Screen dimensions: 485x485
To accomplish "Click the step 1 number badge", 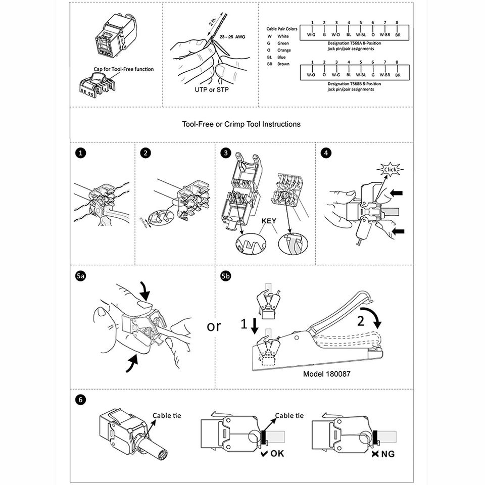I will tap(79, 152).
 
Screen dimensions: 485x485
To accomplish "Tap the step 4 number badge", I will tap(325, 152).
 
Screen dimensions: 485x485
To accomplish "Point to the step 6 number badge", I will tap(79, 399).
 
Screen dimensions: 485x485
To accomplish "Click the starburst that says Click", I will tap(389, 169).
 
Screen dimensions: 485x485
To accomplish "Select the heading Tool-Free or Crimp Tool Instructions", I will tap(241, 124).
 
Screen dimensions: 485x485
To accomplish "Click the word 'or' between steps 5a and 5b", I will tap(214, 326).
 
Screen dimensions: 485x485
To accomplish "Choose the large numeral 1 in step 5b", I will tap(244, 326).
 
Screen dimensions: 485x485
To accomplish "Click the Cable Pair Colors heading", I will tap(282, 29).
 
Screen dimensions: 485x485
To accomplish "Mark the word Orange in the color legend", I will tap(284, 51).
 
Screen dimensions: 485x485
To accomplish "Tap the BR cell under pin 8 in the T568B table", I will tap(398, 75).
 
